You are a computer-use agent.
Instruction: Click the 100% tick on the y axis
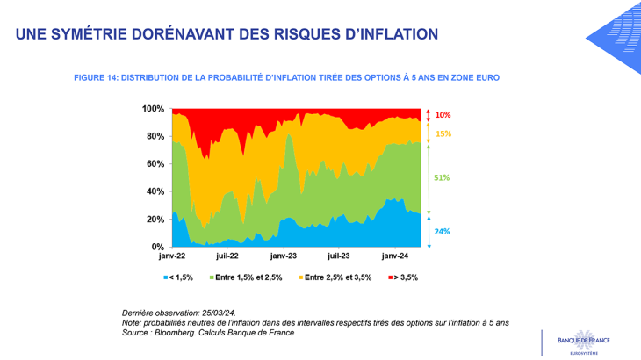point(153,108)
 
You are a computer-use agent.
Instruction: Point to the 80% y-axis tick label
point(155,136)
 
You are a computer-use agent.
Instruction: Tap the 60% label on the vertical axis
point(155,164)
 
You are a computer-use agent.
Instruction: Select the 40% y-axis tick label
point(155,191)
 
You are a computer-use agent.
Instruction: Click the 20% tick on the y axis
point(155,220)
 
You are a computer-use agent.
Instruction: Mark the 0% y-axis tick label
point(157,247)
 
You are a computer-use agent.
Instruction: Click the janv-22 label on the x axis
point(171,257)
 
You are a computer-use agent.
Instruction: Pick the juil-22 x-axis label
point(227,257)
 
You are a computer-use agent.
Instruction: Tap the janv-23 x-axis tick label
point(284,257)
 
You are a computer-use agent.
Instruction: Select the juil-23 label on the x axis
point(339,257)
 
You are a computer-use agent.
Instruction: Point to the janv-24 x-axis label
point(395,257)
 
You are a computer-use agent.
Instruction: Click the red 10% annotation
point(443,115)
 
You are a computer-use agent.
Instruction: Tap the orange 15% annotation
point(443,134)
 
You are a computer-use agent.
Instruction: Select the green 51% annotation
point(442,177)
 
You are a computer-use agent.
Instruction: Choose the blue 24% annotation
point(443,232)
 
